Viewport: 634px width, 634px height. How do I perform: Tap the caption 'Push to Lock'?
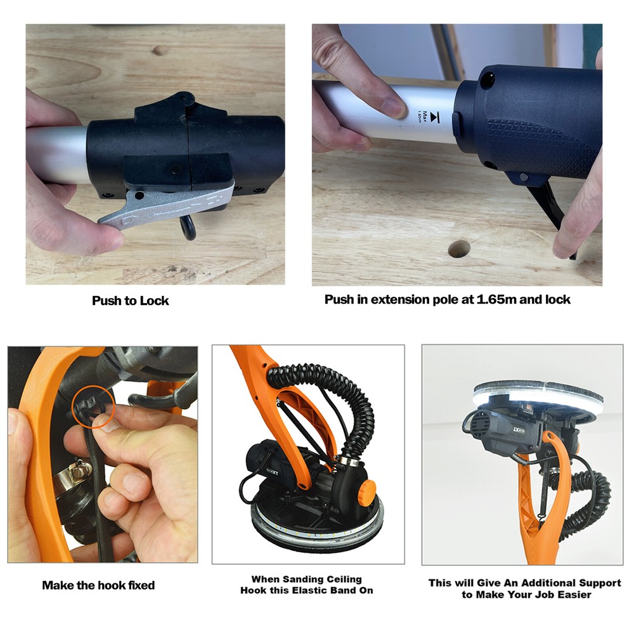pyautogui.click(x=131, y=301)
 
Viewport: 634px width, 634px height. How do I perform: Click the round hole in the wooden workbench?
pyautogui.click(x=459, y=248)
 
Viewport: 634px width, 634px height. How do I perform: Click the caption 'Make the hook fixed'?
pyautogui.click(x=98, y=585)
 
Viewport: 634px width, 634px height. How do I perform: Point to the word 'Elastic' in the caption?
pyautogui.click(x=317, y=590)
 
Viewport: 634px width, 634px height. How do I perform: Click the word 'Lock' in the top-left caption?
pyautogui.click(x=155, y=301)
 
